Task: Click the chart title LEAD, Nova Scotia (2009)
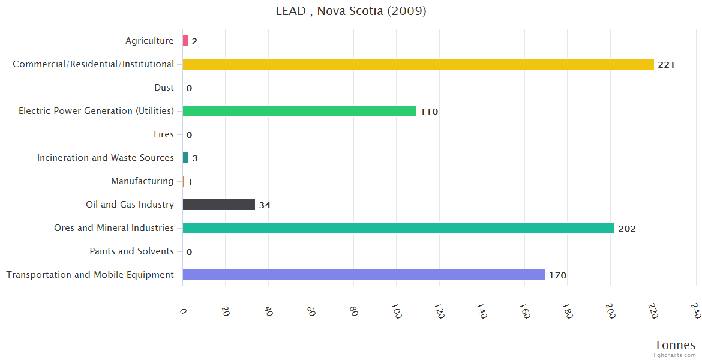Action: [351, 11]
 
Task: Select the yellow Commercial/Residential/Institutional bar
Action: [418, 64]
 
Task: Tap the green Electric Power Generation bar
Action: [299, 111]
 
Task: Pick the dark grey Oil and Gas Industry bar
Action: [219, 205]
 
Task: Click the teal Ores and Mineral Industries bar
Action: [398, 228]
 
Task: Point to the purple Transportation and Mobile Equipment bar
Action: [364, 275]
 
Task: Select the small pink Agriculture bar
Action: [185, 41]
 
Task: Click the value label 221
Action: [666, 65]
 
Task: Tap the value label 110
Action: [429, 112]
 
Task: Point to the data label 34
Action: [265, 205]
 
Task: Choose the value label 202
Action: [627, 229]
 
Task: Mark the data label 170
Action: [557, 275]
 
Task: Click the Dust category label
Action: [164, 88]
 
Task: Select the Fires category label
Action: [164, 134]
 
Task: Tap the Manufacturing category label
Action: [142, 181]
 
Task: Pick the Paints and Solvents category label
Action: [131, 251]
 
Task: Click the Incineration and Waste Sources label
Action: [106, 158]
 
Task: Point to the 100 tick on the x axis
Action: [397, 311]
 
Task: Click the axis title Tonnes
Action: [675, 345]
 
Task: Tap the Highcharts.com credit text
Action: [673, 355]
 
